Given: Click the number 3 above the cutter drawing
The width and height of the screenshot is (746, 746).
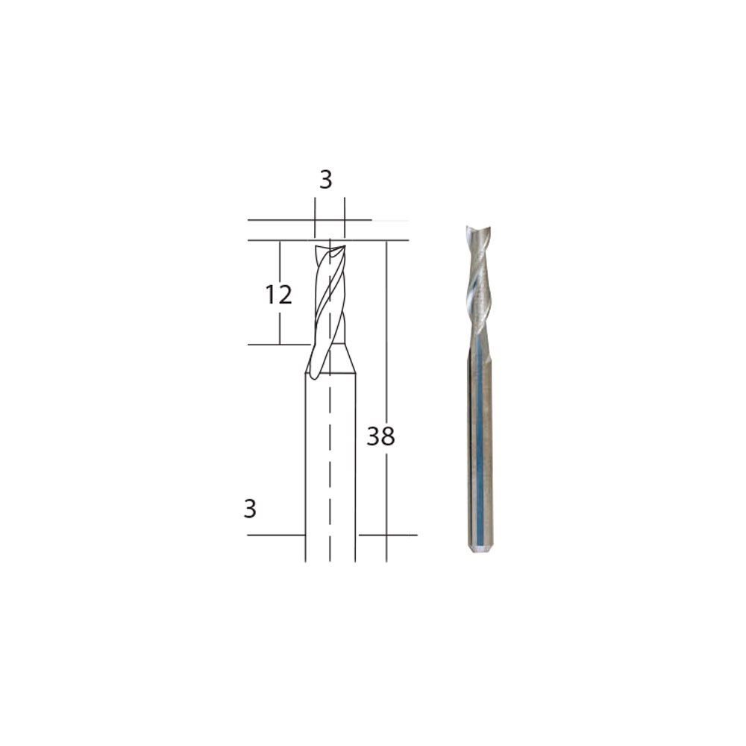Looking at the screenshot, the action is [x=325, y=180].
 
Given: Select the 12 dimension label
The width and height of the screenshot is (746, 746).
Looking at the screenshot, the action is [x=278, y=295].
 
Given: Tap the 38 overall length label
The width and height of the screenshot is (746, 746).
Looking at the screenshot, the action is [x=380, y=436].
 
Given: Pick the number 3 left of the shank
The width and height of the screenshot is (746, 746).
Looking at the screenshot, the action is [x=250, y=509].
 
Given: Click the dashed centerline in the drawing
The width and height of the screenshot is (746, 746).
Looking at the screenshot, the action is [x=330, y=400].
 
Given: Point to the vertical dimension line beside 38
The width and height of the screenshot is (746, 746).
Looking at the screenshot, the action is [x=386, y=401].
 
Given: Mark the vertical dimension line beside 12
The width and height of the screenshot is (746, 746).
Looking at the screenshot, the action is [x=280, y=292].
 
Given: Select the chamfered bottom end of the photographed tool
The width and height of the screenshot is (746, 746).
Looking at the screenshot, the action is [x=480, y=549].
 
